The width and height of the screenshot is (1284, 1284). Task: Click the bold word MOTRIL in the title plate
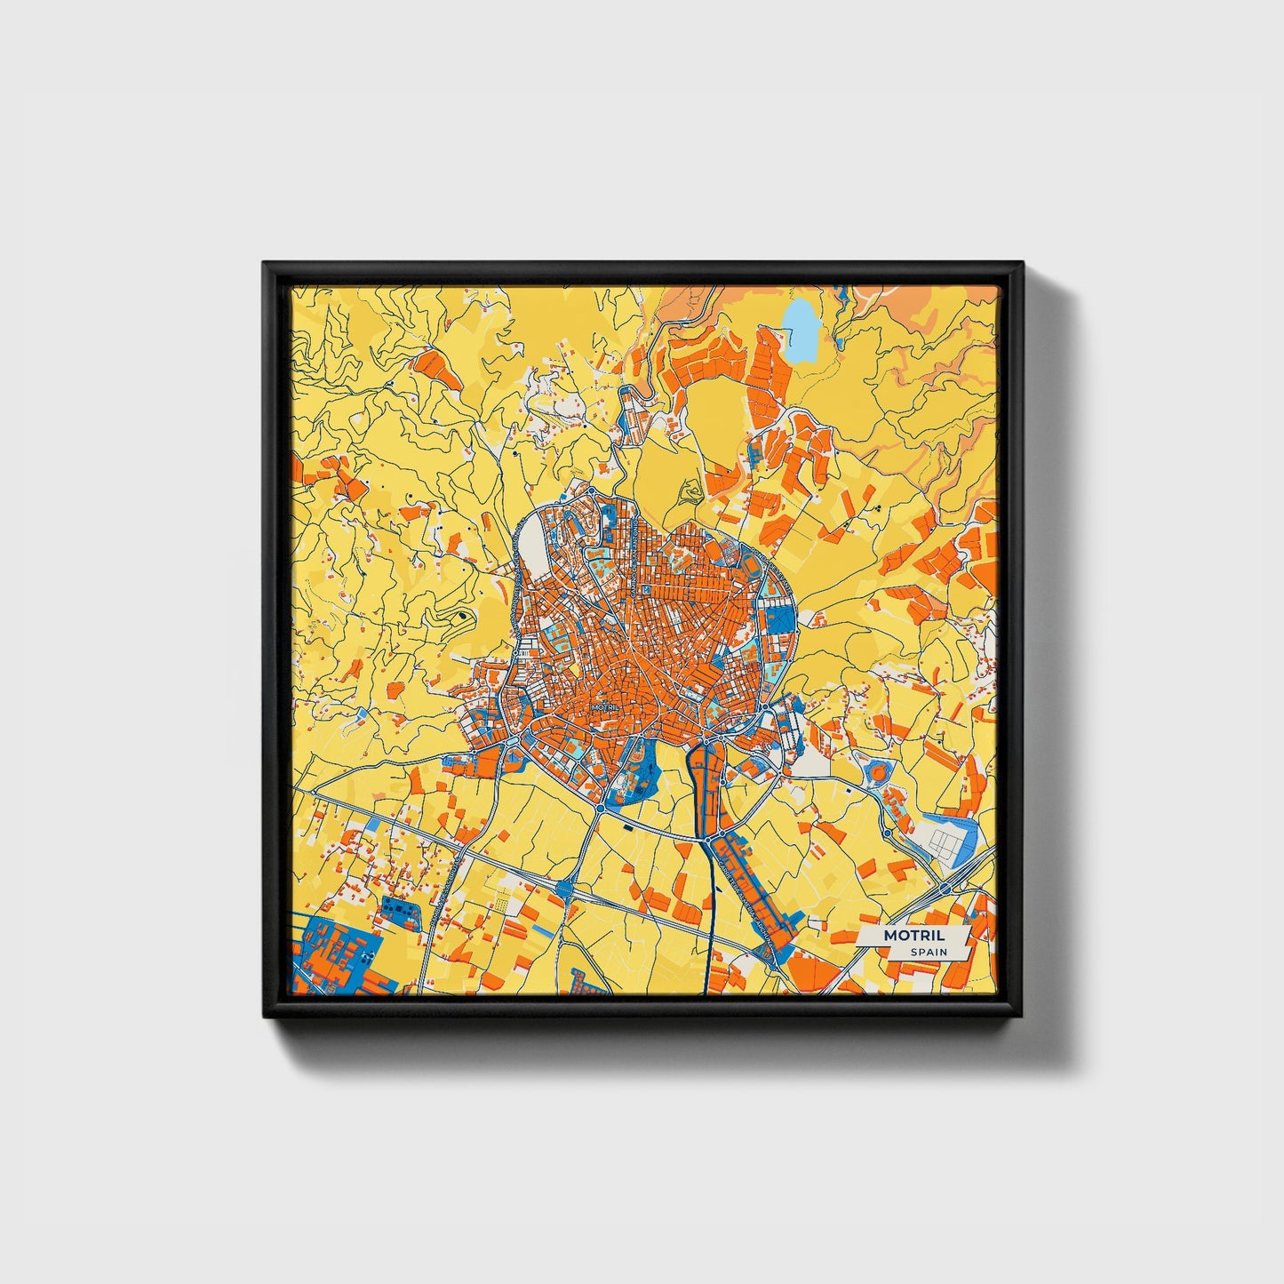tap(913, 936)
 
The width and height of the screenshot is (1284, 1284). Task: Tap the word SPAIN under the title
tap(929, 952)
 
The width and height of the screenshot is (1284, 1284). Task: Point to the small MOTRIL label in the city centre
tap(605, 707)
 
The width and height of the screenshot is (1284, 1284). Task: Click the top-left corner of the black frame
tap(265, 264)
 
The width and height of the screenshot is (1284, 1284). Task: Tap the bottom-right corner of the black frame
tap(1021, 1015)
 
